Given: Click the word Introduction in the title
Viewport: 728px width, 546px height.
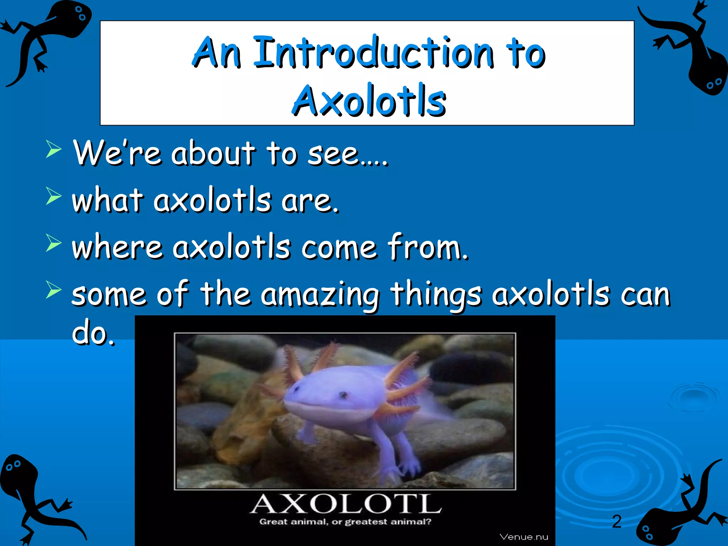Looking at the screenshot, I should pyautogui.click(x=373, y=53).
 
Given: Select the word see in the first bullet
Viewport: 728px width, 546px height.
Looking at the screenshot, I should pyautogui.click(x=333, y=154).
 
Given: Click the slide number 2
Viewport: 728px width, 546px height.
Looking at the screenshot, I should pyautogui.click(x=617, y=521).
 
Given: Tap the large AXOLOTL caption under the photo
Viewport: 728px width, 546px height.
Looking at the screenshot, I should pyautogui.click(x=346, y=504).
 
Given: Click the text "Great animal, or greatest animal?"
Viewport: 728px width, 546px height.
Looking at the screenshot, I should pyautogui.click(x=345, y=522).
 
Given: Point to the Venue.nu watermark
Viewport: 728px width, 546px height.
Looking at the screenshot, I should pyautogui.click(x=524, y=537).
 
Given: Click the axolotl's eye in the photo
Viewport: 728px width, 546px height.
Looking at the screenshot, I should pyautogui.click(x=343, y=394).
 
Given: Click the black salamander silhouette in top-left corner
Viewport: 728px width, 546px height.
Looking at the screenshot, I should pyautogui.click(x=43, y=39).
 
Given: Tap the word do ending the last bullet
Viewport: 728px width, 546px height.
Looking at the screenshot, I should pyautogui.click(x=93, y=334).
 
